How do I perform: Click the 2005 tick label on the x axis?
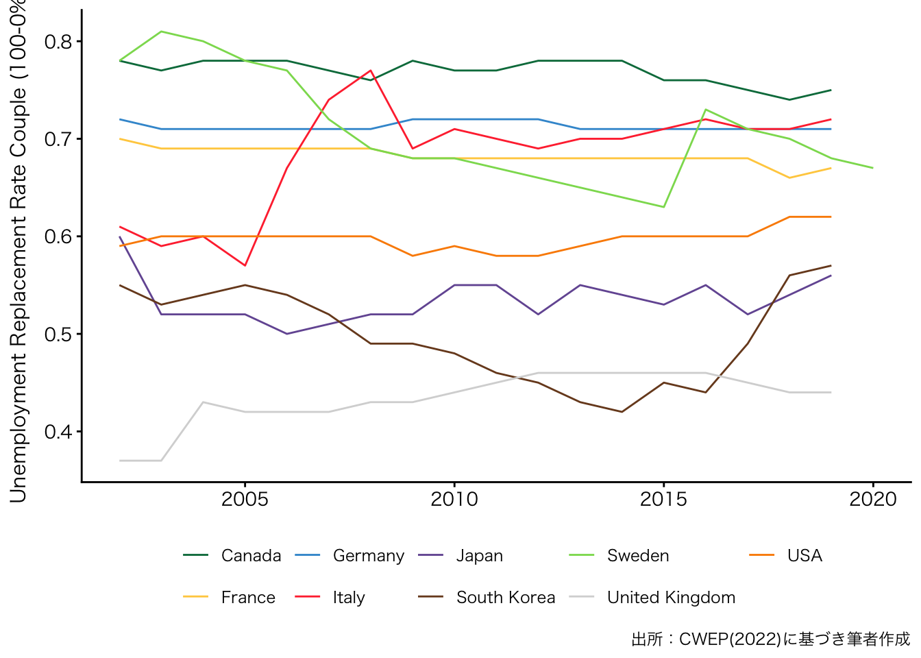click(245, 499)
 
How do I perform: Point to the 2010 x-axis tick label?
click(454, 499)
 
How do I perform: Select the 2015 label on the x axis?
click(663, 499)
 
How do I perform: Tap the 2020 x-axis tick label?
click(873, 499)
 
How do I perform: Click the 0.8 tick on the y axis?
click(58, 42)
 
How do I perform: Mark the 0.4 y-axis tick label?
click(58, 432)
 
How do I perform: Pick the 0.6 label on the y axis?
click(58, 236)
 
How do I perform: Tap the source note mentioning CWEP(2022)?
click(770, 639)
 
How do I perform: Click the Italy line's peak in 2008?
click(371, 71)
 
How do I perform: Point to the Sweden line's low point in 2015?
click(663, 207)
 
